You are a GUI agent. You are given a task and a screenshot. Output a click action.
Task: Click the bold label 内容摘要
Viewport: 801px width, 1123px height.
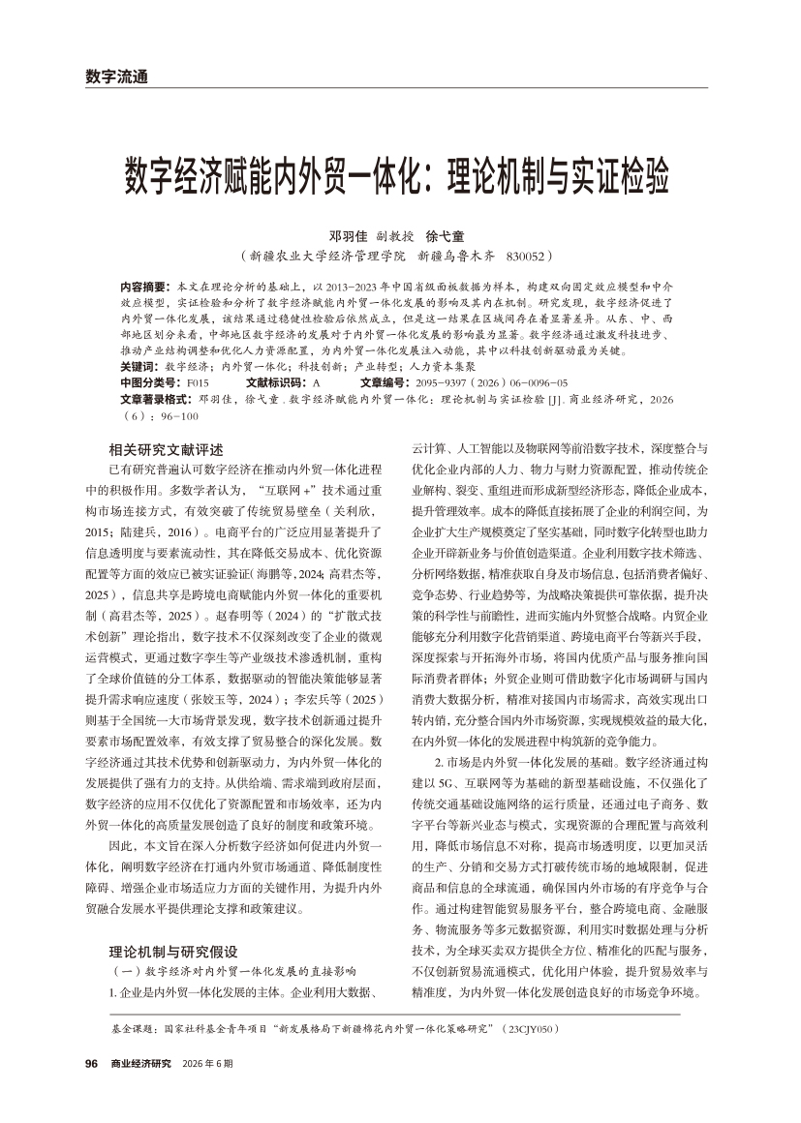(x=143, y=288)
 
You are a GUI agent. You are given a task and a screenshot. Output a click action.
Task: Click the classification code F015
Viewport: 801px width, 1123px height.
(x=198, y=383)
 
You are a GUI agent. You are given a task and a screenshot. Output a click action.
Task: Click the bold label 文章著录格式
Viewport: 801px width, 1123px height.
(x=155, y=397)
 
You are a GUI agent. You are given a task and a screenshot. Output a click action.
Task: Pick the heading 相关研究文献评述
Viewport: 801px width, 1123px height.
(x=167, y=449)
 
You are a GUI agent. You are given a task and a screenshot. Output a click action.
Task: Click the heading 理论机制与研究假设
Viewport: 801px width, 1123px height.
(x=173, y=951)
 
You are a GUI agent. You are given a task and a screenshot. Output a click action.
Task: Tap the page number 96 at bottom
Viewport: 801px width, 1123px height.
(x=92, y=1063)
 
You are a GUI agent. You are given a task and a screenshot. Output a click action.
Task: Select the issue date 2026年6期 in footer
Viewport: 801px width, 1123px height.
(x=208, y=1063)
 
